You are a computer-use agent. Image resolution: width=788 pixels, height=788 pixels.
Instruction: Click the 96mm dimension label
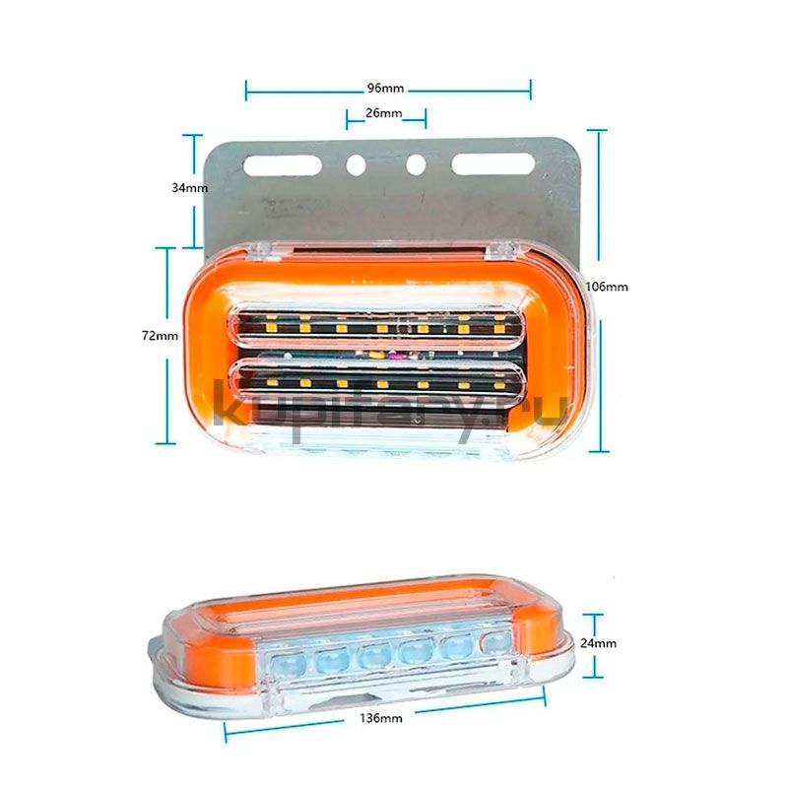coord(385,89)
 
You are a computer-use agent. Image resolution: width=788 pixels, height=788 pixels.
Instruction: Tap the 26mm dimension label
coord(383,113)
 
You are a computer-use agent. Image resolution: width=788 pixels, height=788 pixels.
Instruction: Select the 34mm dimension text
coord(190,188)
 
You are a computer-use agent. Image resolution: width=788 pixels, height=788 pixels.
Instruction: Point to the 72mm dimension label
coord(160,336)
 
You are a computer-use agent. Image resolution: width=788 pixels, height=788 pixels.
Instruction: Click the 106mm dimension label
coord(607,287)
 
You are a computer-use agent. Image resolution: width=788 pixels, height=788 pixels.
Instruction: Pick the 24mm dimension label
coord(599,643)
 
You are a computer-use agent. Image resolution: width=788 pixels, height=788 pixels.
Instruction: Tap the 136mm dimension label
coord(381,719)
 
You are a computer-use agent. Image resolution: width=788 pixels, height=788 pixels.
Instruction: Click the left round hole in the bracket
coord(357,164)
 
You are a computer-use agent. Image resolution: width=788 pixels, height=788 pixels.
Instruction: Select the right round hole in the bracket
coord(416,164)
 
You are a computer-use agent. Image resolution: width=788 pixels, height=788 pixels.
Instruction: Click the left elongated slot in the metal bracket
coord(283,165)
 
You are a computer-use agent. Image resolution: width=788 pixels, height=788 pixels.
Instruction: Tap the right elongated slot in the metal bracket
coord(493,164)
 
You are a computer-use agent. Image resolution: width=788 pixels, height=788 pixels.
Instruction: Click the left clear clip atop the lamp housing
coord(263,250)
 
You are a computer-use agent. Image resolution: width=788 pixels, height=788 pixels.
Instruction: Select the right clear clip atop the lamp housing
coord(501,250)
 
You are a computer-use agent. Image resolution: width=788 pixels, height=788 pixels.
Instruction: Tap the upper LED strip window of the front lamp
coord(376,326)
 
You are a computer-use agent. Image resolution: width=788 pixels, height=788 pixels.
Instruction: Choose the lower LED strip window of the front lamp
coord(376,383)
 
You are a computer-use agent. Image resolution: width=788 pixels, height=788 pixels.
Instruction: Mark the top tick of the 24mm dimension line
coord(593,615)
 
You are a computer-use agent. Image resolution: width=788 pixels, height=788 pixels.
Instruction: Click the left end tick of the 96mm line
coord(245,91)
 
